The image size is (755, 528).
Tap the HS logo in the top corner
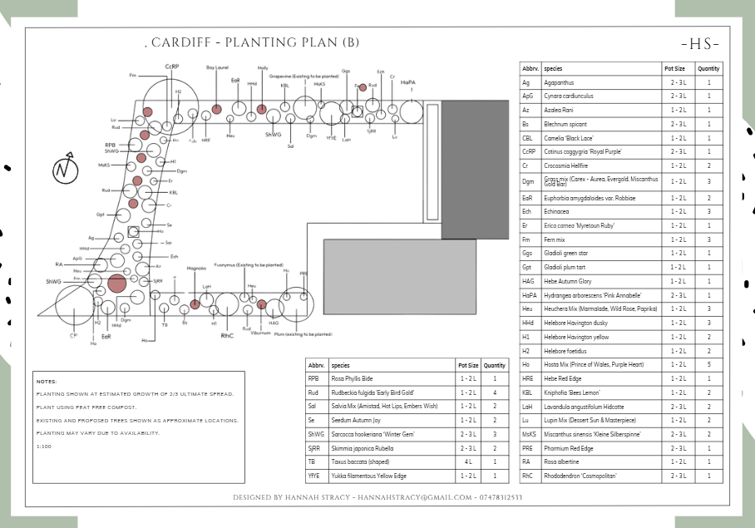coord(699,44)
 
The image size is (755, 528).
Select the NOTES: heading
coord(47,381)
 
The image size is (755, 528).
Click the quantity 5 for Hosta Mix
coord(708,364)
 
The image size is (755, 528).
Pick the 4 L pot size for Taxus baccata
coord(467,462)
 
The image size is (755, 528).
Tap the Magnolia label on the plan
coord(196,269)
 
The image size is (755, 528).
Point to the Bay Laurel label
coord(217,67)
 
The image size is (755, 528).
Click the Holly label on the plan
coord(263,67)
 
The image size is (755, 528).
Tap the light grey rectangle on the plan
coord(399,269)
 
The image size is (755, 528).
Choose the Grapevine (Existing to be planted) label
coord(296,76)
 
